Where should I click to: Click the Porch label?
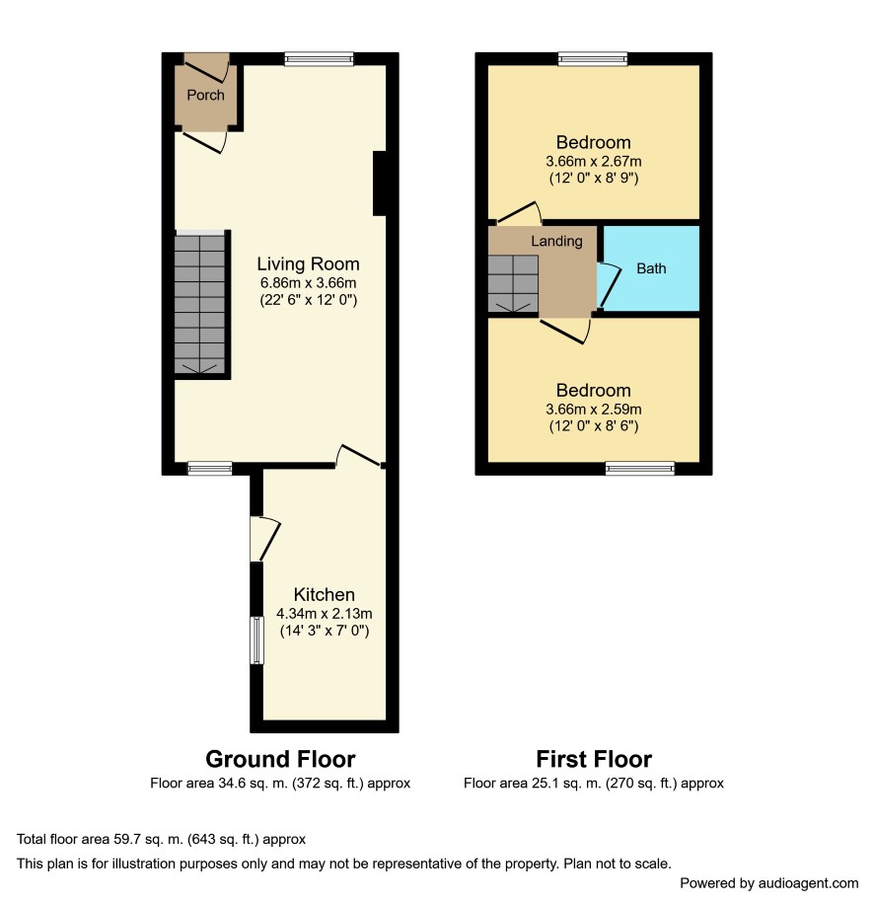click(x=205, y=95)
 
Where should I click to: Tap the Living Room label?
click(x=308, y=263)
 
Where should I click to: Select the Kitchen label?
click(x=325, y=594)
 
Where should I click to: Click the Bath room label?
click(x=651, y=268)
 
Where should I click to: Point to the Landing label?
click(x=556, y=242)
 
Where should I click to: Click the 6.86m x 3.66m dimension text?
click(x=308, y=283)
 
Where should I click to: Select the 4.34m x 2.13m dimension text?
click(x=325, y=613)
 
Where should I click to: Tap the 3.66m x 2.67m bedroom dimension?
click(x=594, y=161)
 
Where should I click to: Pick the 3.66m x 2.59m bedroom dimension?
click(x=594, y=410)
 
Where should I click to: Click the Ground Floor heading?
click(x=280, y=759)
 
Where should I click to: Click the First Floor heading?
click(x=594, y=759)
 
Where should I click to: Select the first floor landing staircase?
click(x=513, y=284)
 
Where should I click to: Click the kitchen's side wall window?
click(x=256, y=640)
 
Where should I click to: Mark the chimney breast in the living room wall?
click(x=380, y=184)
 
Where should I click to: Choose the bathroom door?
click(x=609, y=285)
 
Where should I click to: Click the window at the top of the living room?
click(x=319, y=58)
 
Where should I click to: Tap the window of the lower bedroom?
click(x=639, y=468)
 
